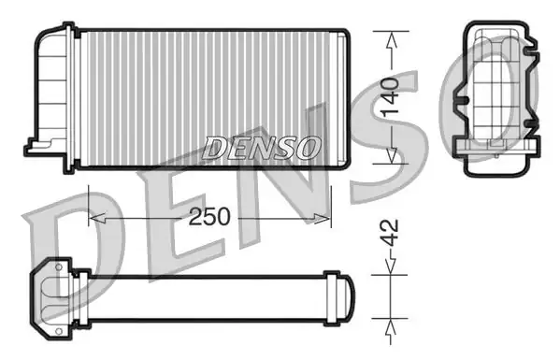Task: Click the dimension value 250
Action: click(x=209, y=216)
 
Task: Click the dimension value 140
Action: click(x=389, y=97)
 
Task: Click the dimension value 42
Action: click(x=389, y=233)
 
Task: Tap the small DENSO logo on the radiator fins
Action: click(x=261, y=148)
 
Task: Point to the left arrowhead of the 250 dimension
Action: click(x=97, y=218)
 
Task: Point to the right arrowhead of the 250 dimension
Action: click(x=323, y=218)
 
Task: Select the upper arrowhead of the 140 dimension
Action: click(x=392, y=40)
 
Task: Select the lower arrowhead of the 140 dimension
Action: click(x=392, y=155)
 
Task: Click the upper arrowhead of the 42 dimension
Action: click(x=390, y=266)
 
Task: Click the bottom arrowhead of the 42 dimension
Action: click(x=391, y=326)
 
